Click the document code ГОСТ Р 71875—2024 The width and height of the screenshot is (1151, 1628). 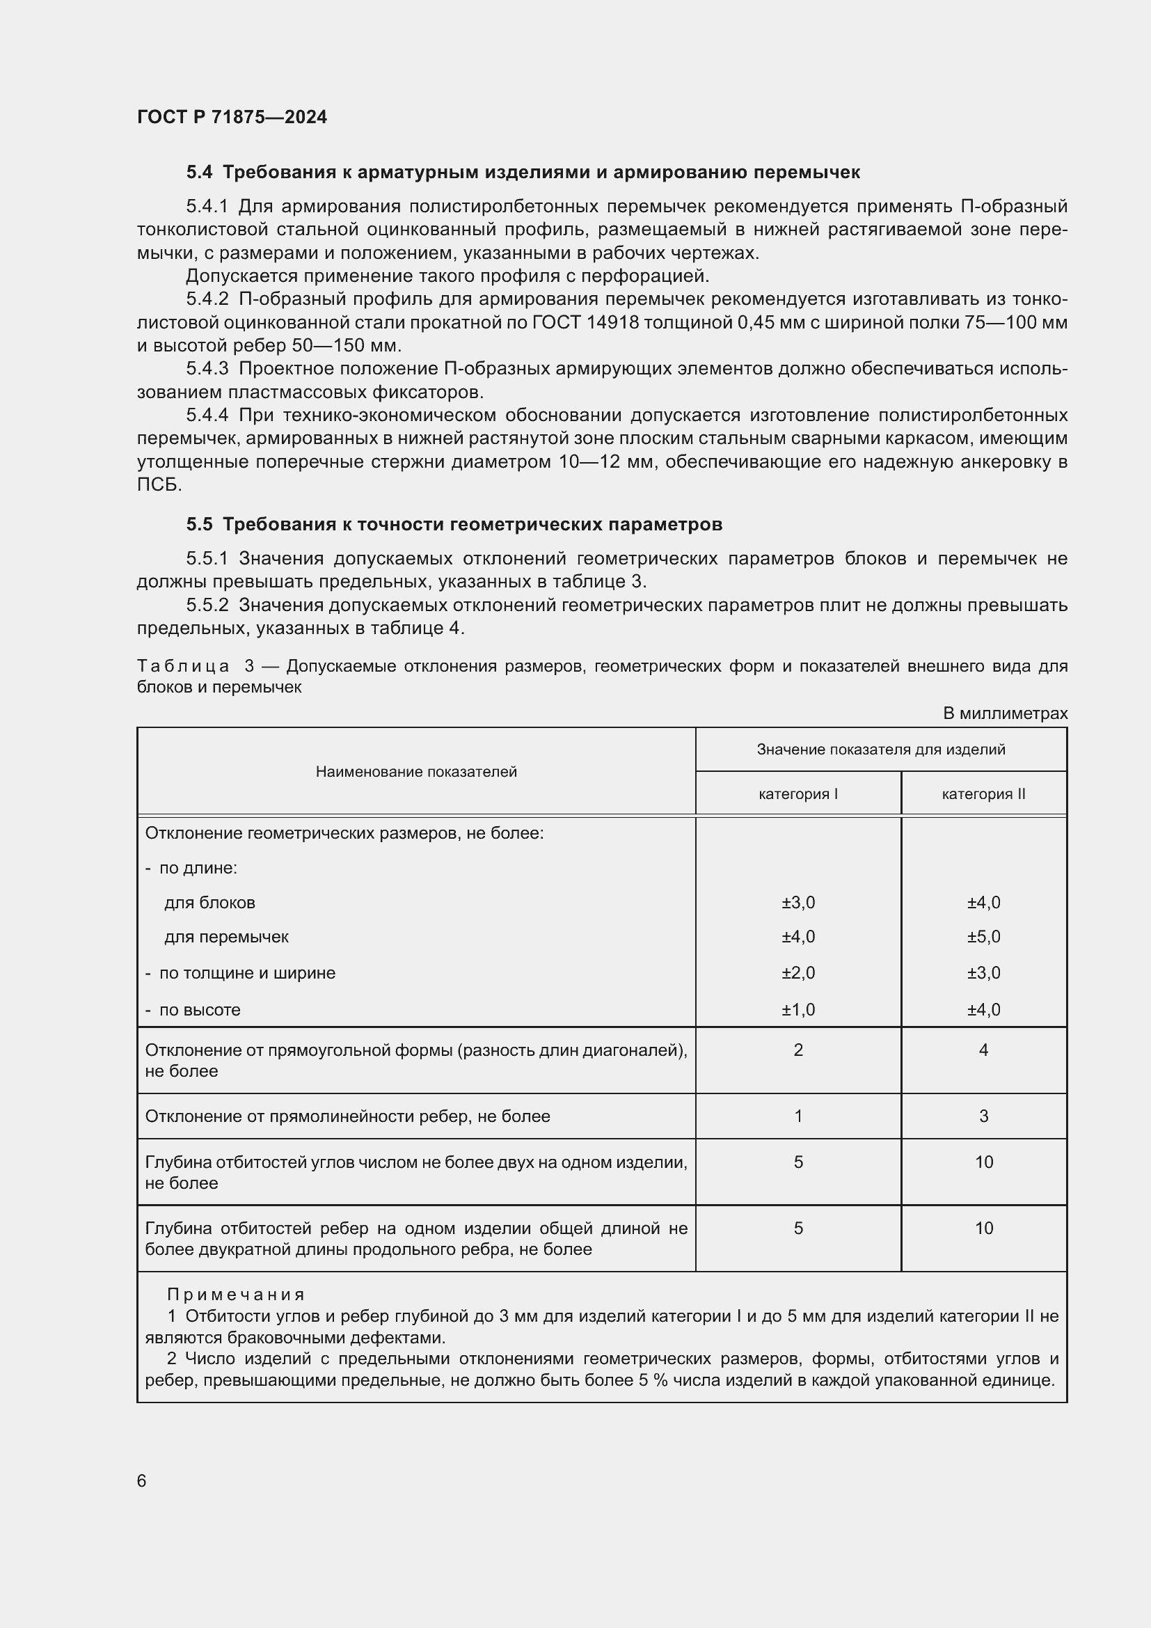pos(232,117)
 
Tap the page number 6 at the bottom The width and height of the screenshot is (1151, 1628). pos(142,1480)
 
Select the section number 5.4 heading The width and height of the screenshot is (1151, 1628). pos(199,173)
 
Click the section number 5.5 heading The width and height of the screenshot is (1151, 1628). pos(199,524)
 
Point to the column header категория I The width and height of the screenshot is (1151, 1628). pos(798,794)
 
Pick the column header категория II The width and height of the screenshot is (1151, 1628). pos(983,794)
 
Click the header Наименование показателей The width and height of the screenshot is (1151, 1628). pos(416,771)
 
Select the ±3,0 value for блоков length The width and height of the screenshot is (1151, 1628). pos(798,903)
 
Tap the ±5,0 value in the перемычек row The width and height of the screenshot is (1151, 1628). pos(983,937)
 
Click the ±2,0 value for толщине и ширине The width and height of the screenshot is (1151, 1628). pos(798,973)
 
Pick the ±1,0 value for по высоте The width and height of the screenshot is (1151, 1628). pos(798,1010)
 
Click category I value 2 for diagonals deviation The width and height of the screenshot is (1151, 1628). pos(798,1050)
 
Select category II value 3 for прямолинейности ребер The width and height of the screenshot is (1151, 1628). pos(983,1116)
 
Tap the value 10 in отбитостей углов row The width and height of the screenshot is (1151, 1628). pos(983,1162)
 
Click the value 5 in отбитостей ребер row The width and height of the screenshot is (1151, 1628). pos(798,1228)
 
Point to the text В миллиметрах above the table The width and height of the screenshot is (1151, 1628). pos(1004,713)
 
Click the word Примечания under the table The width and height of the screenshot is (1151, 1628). pos(236,1295)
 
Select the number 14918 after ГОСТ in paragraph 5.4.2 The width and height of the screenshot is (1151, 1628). pos(613,323)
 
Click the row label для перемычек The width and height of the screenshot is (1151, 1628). pos(226,937)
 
